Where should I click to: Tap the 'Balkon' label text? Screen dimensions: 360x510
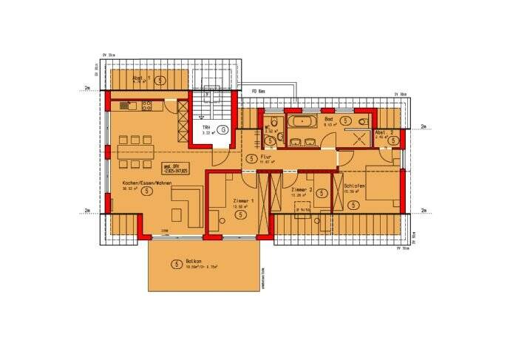tap(195, 262)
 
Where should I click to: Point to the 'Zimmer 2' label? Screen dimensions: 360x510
tap(302, 190)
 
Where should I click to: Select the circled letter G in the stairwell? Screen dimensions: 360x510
tap(223, 129)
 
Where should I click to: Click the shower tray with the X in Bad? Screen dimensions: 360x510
tap(362, 138)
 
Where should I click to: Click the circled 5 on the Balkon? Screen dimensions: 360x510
tap(176, 264)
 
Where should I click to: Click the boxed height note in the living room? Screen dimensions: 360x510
tap(171, 166)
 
